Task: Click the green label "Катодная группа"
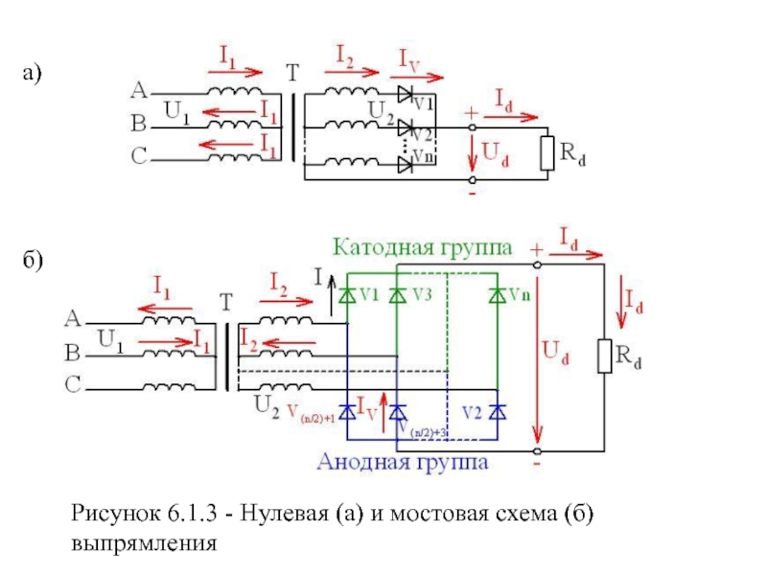tap(423, 247)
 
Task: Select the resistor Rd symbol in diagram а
tap(547, 153)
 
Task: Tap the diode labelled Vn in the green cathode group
tap(497, 296)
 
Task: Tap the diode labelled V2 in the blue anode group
tap(497, 412)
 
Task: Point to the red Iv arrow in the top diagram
tap(421, 75)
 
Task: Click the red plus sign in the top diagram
tap(471, 111)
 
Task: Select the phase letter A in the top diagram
tap(138, 91)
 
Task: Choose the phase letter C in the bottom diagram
tap(73, 385)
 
